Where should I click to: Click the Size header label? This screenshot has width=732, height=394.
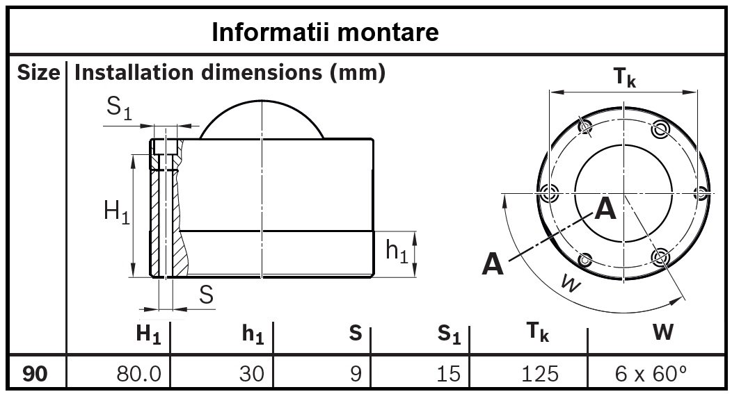pos(38,72)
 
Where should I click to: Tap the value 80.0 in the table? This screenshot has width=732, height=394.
pos(139,373)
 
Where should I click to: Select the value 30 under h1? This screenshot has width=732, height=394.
pos(252,373)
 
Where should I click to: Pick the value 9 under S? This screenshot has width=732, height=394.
pos(356,373)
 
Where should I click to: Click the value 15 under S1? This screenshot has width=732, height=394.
pos(449,373)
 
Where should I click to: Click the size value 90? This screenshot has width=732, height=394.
pos(35,373)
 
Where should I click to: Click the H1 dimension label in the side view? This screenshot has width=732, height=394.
pos(116,211)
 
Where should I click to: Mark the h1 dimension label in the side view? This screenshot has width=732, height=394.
pos(397,252)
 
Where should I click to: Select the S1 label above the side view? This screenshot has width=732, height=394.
pos(119,109)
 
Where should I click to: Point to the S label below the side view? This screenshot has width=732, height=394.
pos(206,295)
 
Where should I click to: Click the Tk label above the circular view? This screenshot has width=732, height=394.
pos(625,79)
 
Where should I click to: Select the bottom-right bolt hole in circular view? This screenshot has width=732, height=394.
pos(660,257)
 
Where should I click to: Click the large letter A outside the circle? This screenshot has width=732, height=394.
pos(493,264)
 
